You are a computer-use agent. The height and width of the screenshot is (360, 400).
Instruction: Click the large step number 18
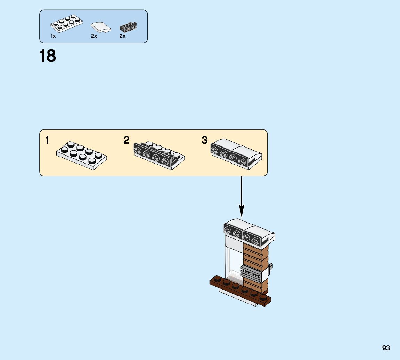pos(48,56)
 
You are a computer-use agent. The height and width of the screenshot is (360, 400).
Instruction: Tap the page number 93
pos(386,348)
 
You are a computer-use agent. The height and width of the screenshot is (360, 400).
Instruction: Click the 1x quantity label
pos(53,36)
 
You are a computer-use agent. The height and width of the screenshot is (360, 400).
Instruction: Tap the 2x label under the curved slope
pos(94,36)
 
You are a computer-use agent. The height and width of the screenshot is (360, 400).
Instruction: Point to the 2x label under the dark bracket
pos(122,36)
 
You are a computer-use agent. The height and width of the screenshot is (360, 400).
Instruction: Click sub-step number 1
pos(47,140)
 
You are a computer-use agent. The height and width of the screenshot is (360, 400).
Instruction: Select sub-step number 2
pos(126,140)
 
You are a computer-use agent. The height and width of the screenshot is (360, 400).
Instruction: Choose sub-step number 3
pos(204,140)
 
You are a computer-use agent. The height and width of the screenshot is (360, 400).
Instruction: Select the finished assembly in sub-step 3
pos(236,153)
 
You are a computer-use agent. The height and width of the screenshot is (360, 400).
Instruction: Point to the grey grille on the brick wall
pos(251,272)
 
